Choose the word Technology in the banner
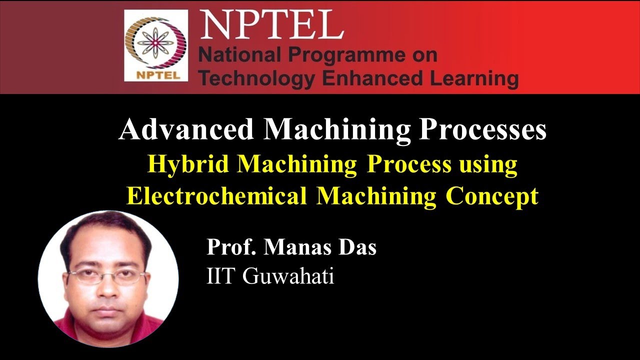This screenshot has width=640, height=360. (256, 78)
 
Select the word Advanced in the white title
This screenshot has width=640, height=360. (186, 130)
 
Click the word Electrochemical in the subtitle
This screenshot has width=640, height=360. (216, 195)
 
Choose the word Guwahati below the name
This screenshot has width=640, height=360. (288, 276)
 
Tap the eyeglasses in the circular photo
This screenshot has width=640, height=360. (107, 275)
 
